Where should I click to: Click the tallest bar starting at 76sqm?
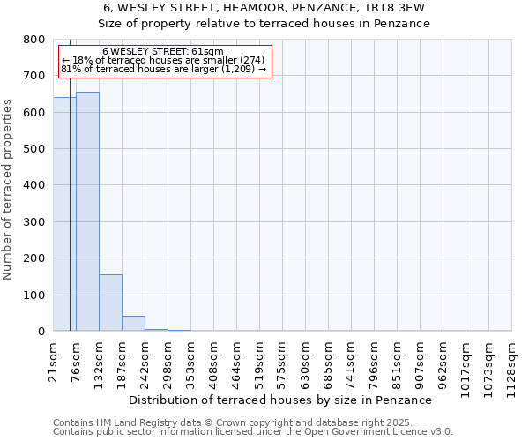pyautogui.click(x=87, y=212)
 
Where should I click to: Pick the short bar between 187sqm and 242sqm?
pyautogui.click(x=133, y=324)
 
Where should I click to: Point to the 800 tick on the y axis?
pyautogui.click(x=34, y=40)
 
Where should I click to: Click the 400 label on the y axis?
pyautogui.click(x=34, y=185)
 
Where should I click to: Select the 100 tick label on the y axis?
pyautogui.click(x=34, y=295)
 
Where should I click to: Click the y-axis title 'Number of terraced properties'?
pyautogui.click(x=8, y=189)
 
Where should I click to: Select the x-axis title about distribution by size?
pyautogui.click(x=279, y=400)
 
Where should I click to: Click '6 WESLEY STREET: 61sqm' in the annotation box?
pyautogui.click(x=163, y=52)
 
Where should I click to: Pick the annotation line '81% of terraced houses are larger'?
pyautogui.click(x=163, y=69)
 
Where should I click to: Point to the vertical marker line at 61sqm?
pyautogui.click(x=70, y=220)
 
